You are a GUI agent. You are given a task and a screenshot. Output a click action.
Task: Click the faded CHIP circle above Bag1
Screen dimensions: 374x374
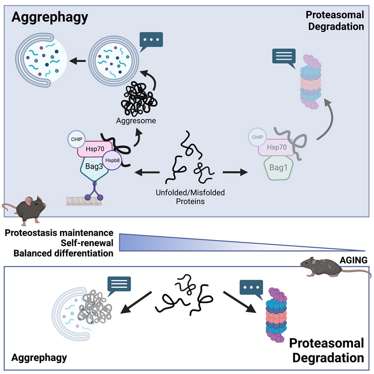[x=258, y=137]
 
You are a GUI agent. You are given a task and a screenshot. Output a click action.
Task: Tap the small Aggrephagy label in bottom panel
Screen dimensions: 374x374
[x=39, y=358]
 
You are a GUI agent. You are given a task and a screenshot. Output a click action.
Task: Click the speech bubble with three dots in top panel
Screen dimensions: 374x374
[x=151, y=41]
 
